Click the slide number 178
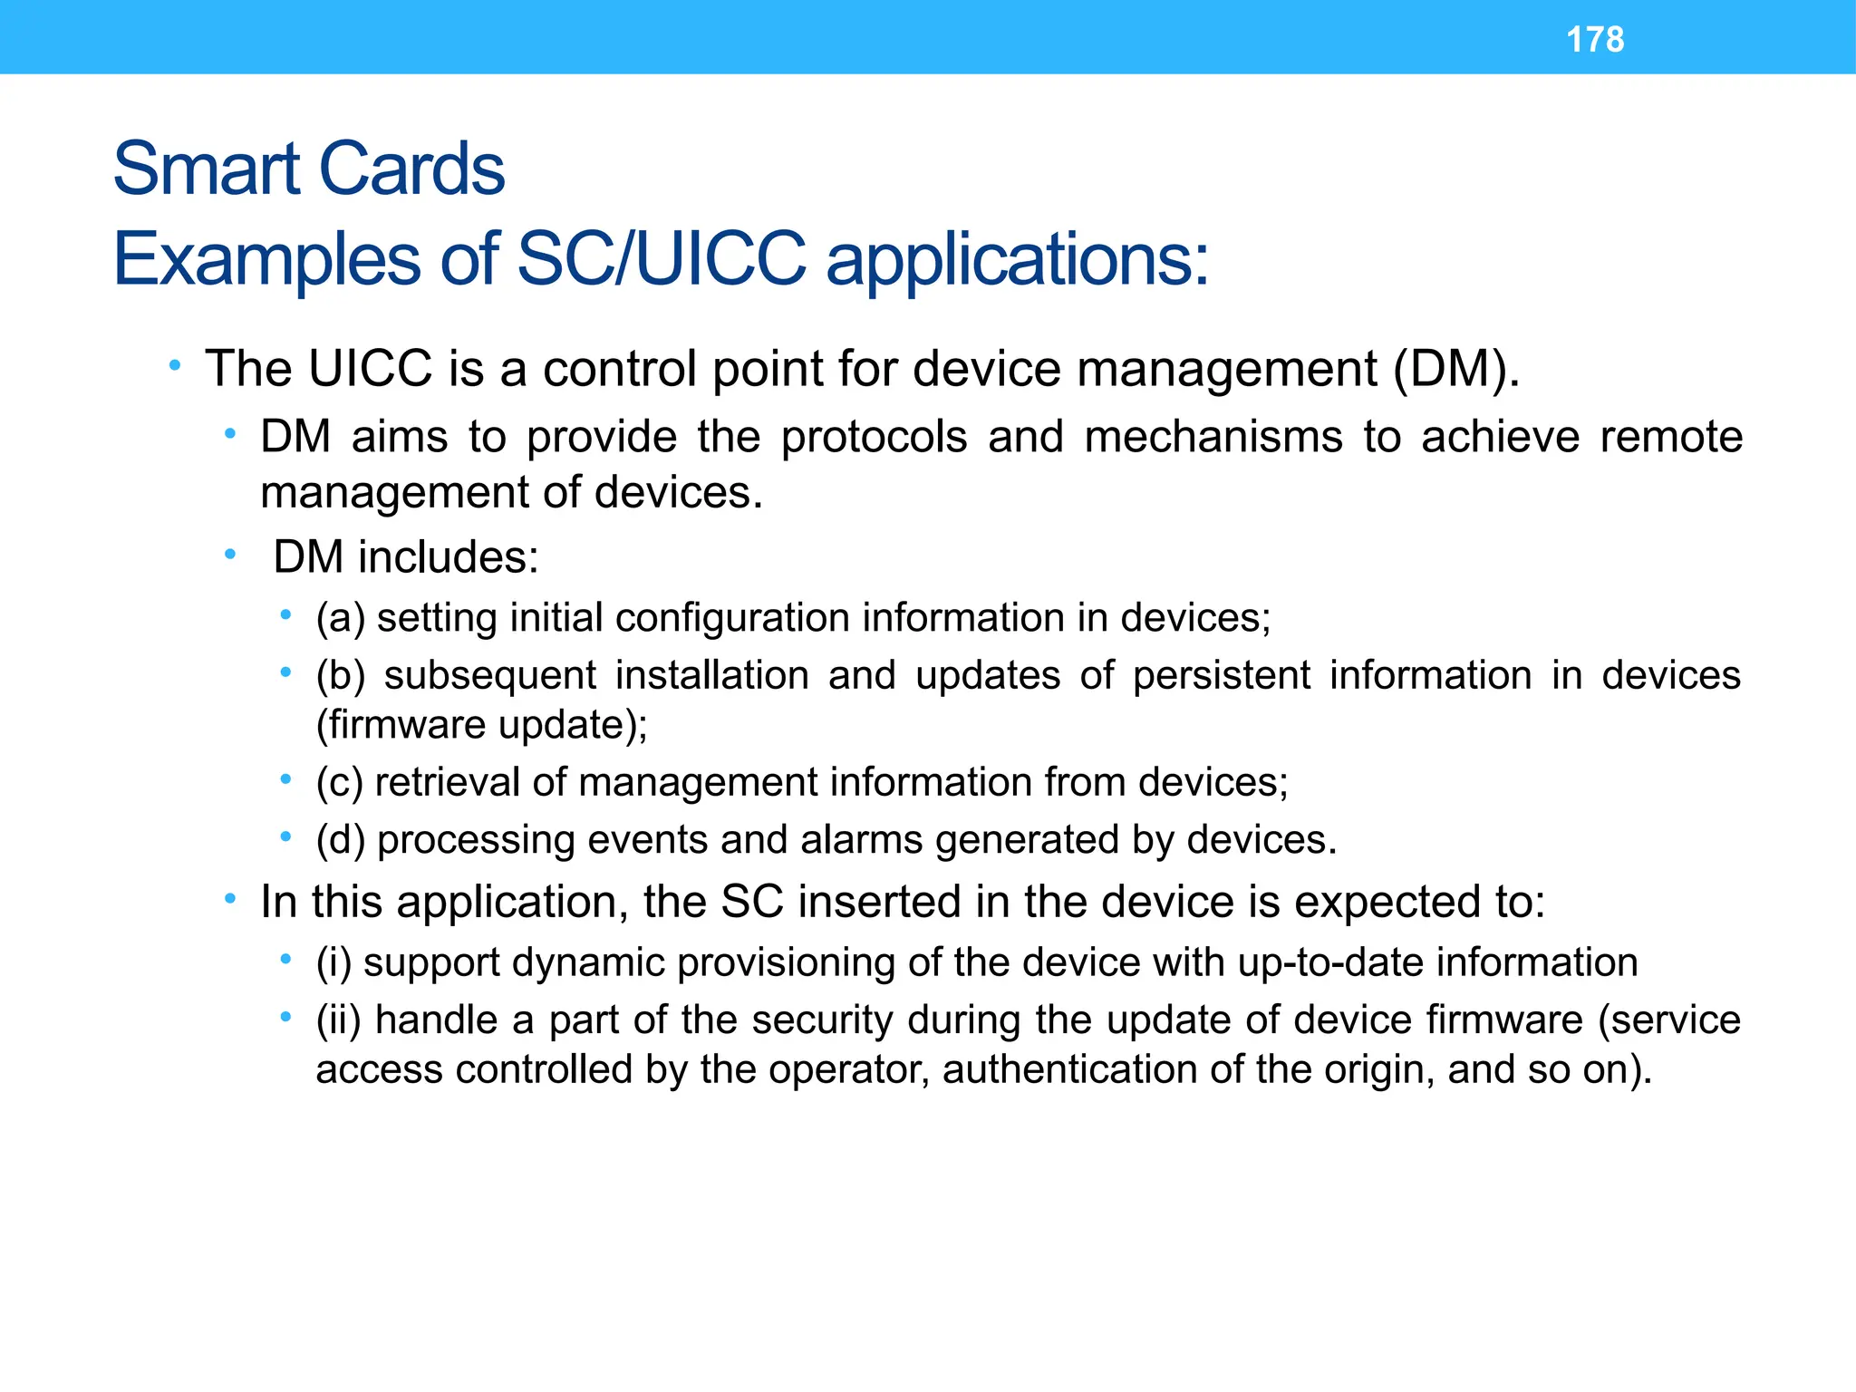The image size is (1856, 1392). (1595, 40)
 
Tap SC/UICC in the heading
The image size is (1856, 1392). (661, 259)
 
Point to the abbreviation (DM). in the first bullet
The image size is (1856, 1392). (1456, 369)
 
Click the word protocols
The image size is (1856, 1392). (874, 437)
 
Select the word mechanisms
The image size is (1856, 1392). (1213, 437)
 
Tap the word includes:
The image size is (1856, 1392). (448, 556)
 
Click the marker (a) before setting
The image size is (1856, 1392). (340, 618)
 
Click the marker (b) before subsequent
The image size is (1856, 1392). (340, 676)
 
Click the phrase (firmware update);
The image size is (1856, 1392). (481, 725)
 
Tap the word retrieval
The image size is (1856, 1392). (448, 782)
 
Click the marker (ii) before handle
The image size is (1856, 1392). (338, 1020)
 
